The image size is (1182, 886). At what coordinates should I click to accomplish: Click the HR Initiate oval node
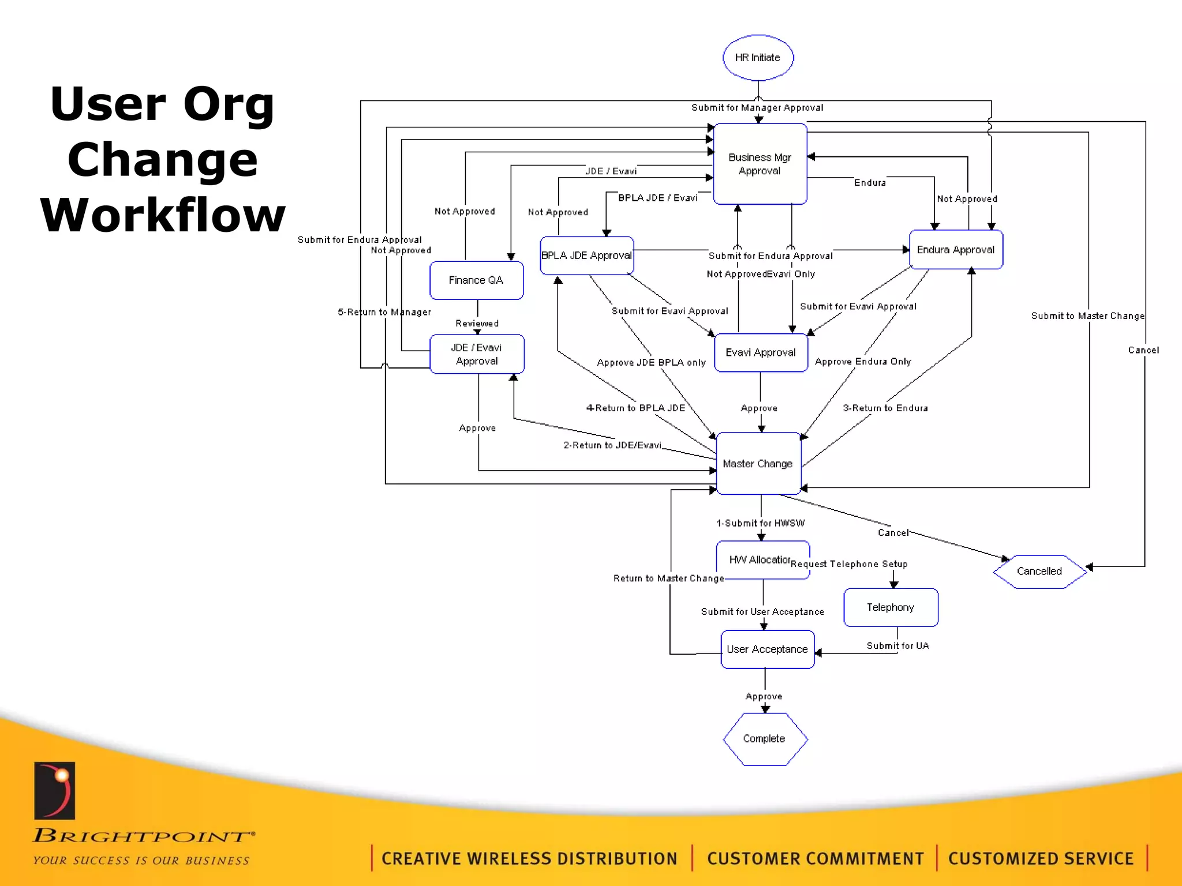coord(758,58)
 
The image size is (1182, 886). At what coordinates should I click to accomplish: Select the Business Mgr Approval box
coord(760,164)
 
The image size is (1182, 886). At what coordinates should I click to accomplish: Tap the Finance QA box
coord(476,280)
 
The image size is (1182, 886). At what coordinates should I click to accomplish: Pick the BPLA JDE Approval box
coord(586,256)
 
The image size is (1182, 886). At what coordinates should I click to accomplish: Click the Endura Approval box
coord(956,250)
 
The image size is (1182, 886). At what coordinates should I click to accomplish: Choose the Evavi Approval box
coord(761,352)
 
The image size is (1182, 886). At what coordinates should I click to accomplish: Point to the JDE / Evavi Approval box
coord(477,354)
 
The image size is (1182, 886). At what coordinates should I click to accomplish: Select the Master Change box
coord(758,464)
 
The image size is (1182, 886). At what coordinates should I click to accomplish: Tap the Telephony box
coord(891,607)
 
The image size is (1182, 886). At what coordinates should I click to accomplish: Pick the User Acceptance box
coord(767,650)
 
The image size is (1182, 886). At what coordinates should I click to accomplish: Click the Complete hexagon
coord(764,739)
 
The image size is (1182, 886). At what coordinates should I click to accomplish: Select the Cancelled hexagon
coord(1039,571)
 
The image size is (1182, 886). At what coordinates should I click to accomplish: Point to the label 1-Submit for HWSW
coord(761,523)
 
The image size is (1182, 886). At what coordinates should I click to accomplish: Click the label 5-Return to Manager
coord(384,312)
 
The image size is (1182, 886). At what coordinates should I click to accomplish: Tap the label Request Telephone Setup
coord(849,564)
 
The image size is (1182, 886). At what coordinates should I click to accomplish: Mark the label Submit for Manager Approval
coord(757,108)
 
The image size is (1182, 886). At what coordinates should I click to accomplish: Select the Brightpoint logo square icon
coord(55,791)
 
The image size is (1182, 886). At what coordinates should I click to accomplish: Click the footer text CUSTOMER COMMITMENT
coord(815,859)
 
